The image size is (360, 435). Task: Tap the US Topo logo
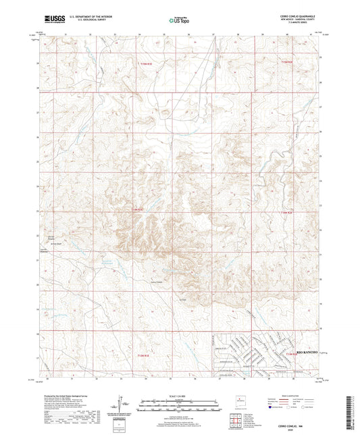[178, 21]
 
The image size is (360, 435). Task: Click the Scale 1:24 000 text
[180, 395]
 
